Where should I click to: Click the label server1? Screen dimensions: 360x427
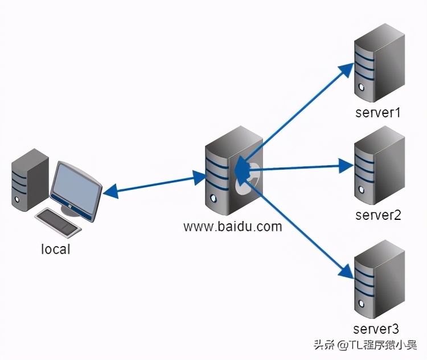tap(378, 112)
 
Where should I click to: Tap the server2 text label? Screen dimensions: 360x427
tap(378, 215)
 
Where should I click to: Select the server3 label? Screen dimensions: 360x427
tap(376, 329)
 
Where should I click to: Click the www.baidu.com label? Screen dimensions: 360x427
tap(232, 226)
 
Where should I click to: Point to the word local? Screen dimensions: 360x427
tap(56, 249)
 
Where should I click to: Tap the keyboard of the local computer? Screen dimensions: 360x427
tap(59, 221)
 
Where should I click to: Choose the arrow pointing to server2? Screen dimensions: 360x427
tap(302, 166)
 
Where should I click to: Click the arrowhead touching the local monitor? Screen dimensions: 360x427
tap(109, 192)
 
